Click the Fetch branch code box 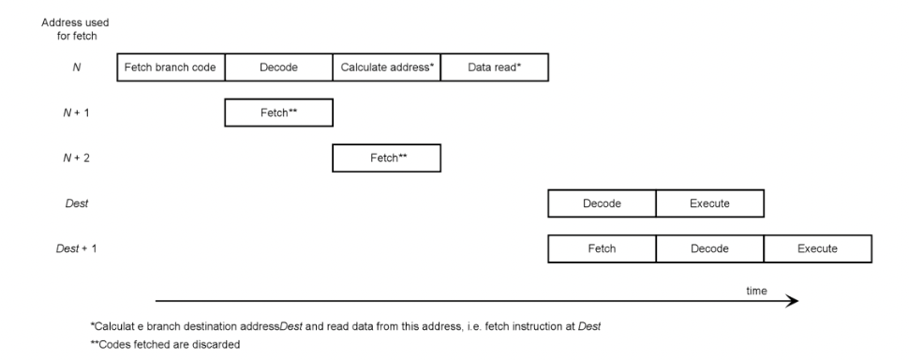click(x=171, y=67)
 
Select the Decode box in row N click(x=278, y=67)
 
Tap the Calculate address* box click(x=386, y=67)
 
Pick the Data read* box click(x=494, y=67)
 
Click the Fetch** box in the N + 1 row click(x=278, y=112)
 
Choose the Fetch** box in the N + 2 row click(x=386, y=157)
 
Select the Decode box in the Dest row click(x=602, y=203)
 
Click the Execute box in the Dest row click(x=709, y=203)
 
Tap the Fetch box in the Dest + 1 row click(x=602, y=248)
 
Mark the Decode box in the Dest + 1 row click(x=709, y=248)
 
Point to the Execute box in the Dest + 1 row click(x=817, y=248)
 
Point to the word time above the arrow click(x=755, y=291)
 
